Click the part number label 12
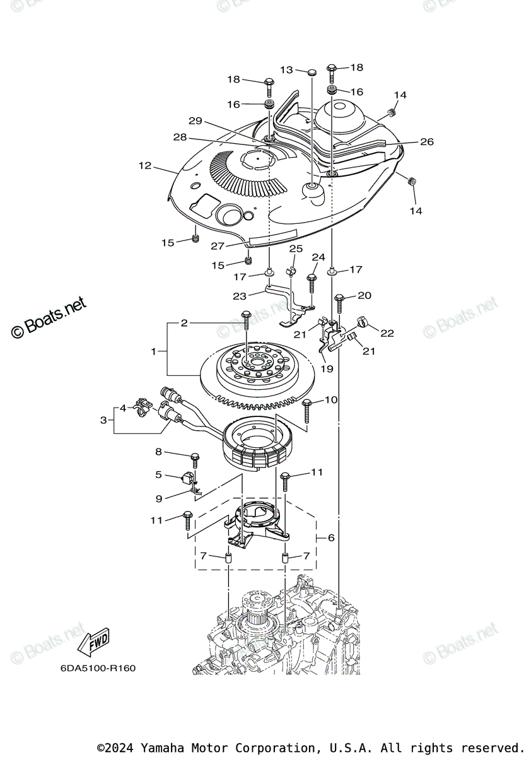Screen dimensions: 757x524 [x=145, y=166]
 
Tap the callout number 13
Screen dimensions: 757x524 [x=287, y=70]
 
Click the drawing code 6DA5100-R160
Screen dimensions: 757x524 [x=98, y=668]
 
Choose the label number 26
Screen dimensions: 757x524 [x=427, y=142]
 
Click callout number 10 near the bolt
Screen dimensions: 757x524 [x=331, y=399]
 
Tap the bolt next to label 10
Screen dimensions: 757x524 [x=308, y=410]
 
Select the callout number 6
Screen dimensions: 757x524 [x=330, y=538]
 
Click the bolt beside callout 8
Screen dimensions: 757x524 [x=195, y=460]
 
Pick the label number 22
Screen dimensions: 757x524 [x=387, y=333]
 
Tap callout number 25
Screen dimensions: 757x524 [x=296, y=249]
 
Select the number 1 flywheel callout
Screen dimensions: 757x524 [x=153, y=351]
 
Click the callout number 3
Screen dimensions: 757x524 [x=103, y=420]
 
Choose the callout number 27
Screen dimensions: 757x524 [x=218, y=247]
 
